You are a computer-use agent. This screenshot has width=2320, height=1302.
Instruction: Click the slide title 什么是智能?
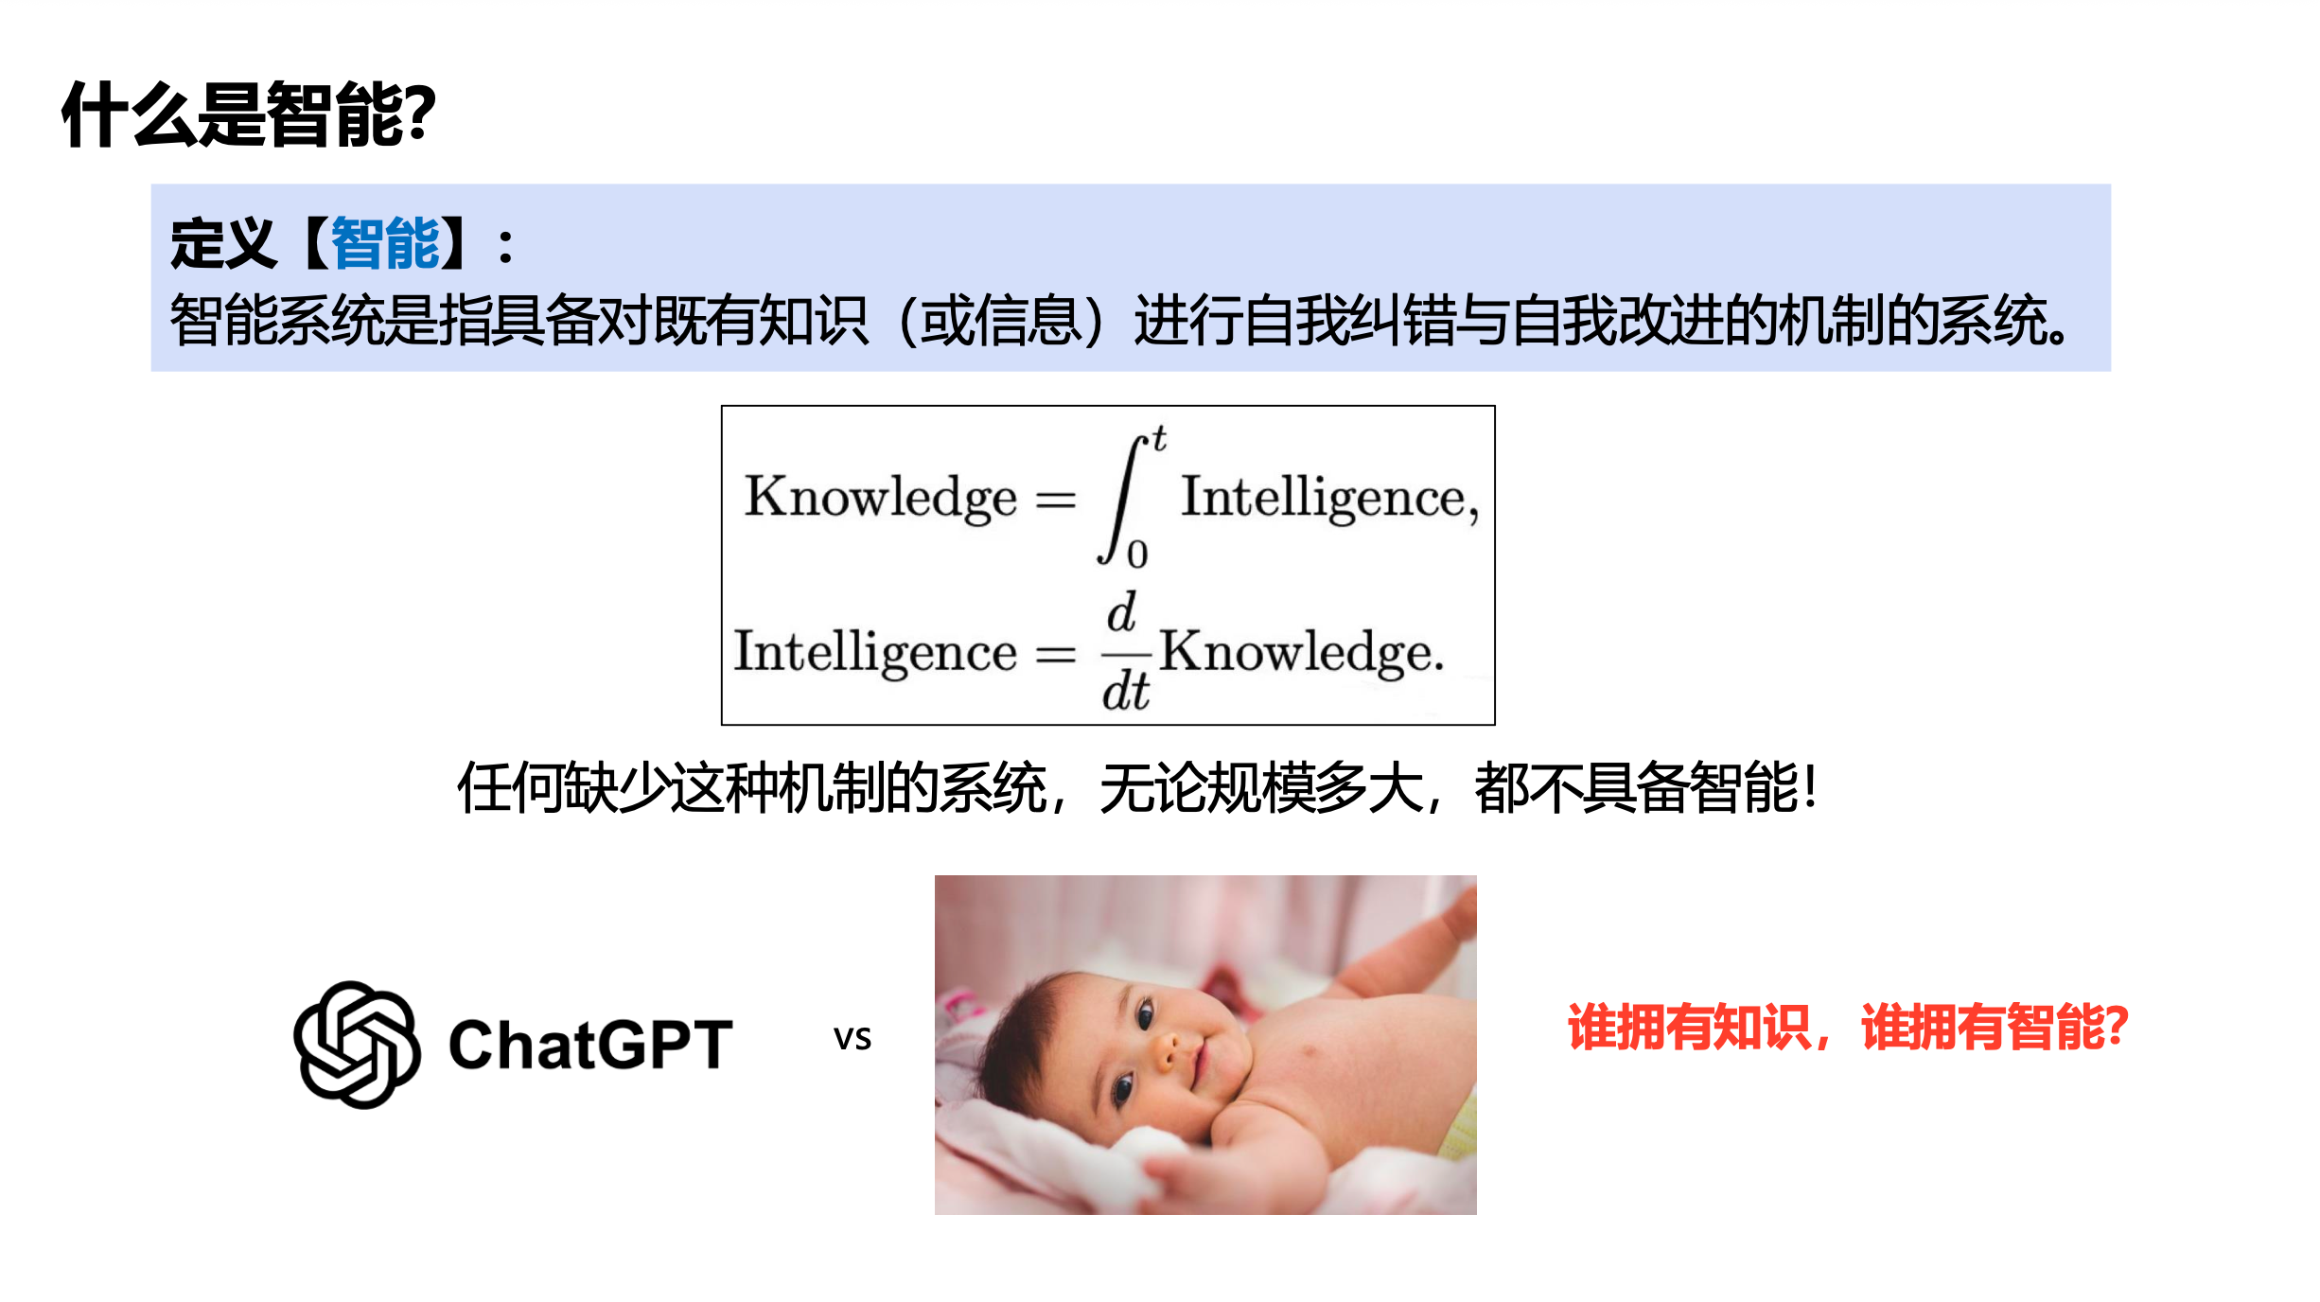(248, 114)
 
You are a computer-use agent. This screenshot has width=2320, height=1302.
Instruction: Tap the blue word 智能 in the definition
(385, 243)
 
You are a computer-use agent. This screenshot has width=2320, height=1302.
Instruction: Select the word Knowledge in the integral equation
(881, 497)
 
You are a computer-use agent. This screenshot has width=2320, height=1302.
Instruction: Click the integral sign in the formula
(1121, 500)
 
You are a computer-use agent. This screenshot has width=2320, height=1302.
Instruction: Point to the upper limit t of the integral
(1159, 438)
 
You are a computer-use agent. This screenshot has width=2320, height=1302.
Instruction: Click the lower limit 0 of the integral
(1137, 554)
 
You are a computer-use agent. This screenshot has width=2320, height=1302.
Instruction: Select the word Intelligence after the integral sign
(1324, 497)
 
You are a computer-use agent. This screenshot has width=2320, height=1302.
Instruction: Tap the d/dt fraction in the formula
(1126, 652)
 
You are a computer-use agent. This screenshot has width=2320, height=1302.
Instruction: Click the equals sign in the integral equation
(1056, 499)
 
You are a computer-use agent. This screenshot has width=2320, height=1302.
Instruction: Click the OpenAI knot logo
(357, 1045)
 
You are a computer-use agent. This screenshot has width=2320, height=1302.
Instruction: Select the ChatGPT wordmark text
(590, 1046)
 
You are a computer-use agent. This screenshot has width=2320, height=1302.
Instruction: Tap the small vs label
(852, 1039)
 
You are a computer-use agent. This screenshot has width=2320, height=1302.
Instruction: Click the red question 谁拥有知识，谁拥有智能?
(1848, 1027)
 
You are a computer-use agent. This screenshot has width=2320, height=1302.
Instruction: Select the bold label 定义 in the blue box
(223, 243)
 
